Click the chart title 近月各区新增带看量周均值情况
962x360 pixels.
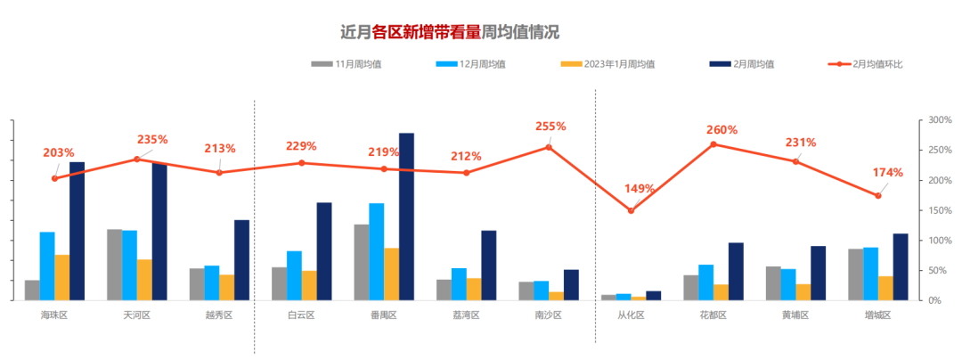click(450, 32)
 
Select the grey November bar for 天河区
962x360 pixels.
click(114, 265)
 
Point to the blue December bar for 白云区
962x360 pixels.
click(294, 275)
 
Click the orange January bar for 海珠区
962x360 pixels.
click(62, 277)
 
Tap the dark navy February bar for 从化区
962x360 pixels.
click(654, 295)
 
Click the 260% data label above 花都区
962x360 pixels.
click(721, 130)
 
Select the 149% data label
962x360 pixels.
click(639, 189)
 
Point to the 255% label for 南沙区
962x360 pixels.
click(550, 127)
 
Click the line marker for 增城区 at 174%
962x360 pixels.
click(878, 196)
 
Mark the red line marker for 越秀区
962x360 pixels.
click(219, 172)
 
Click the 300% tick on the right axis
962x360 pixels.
click(940, 119)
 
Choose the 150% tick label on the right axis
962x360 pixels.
click(940, 210)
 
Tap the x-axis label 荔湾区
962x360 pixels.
click(466, 315)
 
